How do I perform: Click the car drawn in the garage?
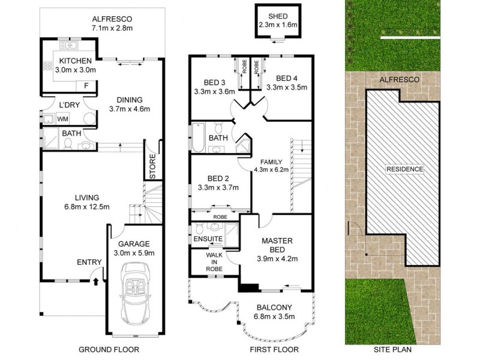(135, 295)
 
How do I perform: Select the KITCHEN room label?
(75, 61)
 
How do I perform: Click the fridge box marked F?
(88, 85)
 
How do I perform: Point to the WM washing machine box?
(62, 119)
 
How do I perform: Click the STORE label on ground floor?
(152, 168)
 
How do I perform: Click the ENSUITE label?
(207, 239)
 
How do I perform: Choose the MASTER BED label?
(277, 245)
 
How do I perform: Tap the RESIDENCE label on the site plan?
(404, 169)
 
